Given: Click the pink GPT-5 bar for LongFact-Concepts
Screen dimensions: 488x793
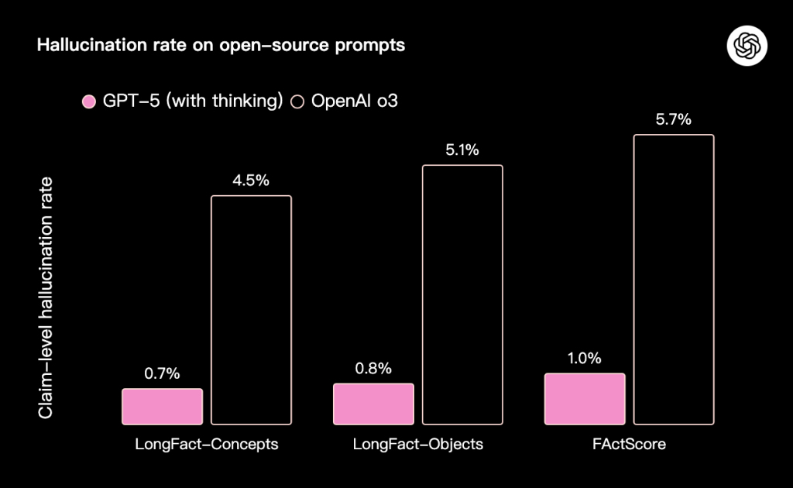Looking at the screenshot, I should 162,407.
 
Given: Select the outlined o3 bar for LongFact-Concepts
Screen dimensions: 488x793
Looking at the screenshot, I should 252,310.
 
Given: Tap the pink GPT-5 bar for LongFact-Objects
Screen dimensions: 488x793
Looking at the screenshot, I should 373,404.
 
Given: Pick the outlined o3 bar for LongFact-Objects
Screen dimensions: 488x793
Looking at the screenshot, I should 462,294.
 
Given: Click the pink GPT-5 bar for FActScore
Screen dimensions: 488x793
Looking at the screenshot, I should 585,399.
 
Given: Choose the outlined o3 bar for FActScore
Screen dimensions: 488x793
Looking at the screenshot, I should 674,279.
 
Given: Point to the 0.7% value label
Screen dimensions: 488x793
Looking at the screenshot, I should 162,373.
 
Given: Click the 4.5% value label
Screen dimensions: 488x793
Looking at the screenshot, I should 251,180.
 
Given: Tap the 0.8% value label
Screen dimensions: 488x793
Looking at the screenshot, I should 373,368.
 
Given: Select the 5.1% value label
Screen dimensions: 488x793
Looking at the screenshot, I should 462,150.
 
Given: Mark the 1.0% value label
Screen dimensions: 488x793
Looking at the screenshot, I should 584,358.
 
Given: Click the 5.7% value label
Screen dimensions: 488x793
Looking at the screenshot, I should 673,120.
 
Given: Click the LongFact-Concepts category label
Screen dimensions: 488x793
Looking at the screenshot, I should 207,445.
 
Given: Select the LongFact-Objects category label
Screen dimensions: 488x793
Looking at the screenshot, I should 418,445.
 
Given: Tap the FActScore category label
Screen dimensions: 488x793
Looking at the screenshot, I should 630,445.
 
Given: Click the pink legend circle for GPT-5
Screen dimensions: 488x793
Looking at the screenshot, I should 89,101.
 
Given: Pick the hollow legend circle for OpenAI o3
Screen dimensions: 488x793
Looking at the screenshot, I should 297,101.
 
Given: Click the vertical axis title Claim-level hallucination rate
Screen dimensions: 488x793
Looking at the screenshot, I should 46,298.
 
